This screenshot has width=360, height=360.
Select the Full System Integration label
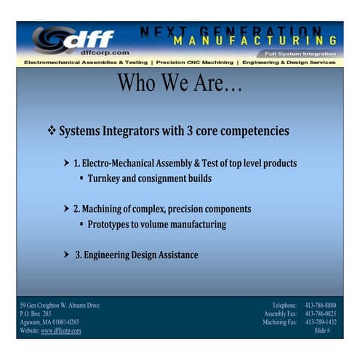300,54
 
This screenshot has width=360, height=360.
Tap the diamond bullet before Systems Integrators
52,132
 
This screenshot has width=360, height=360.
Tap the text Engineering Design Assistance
140,255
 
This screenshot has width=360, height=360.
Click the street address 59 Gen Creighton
60,305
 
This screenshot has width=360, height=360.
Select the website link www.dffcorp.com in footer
61,331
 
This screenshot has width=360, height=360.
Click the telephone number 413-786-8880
320,305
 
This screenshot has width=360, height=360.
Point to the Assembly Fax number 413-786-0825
320,313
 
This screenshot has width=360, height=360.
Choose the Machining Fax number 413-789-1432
320,322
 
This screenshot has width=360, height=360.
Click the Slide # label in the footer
322,331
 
